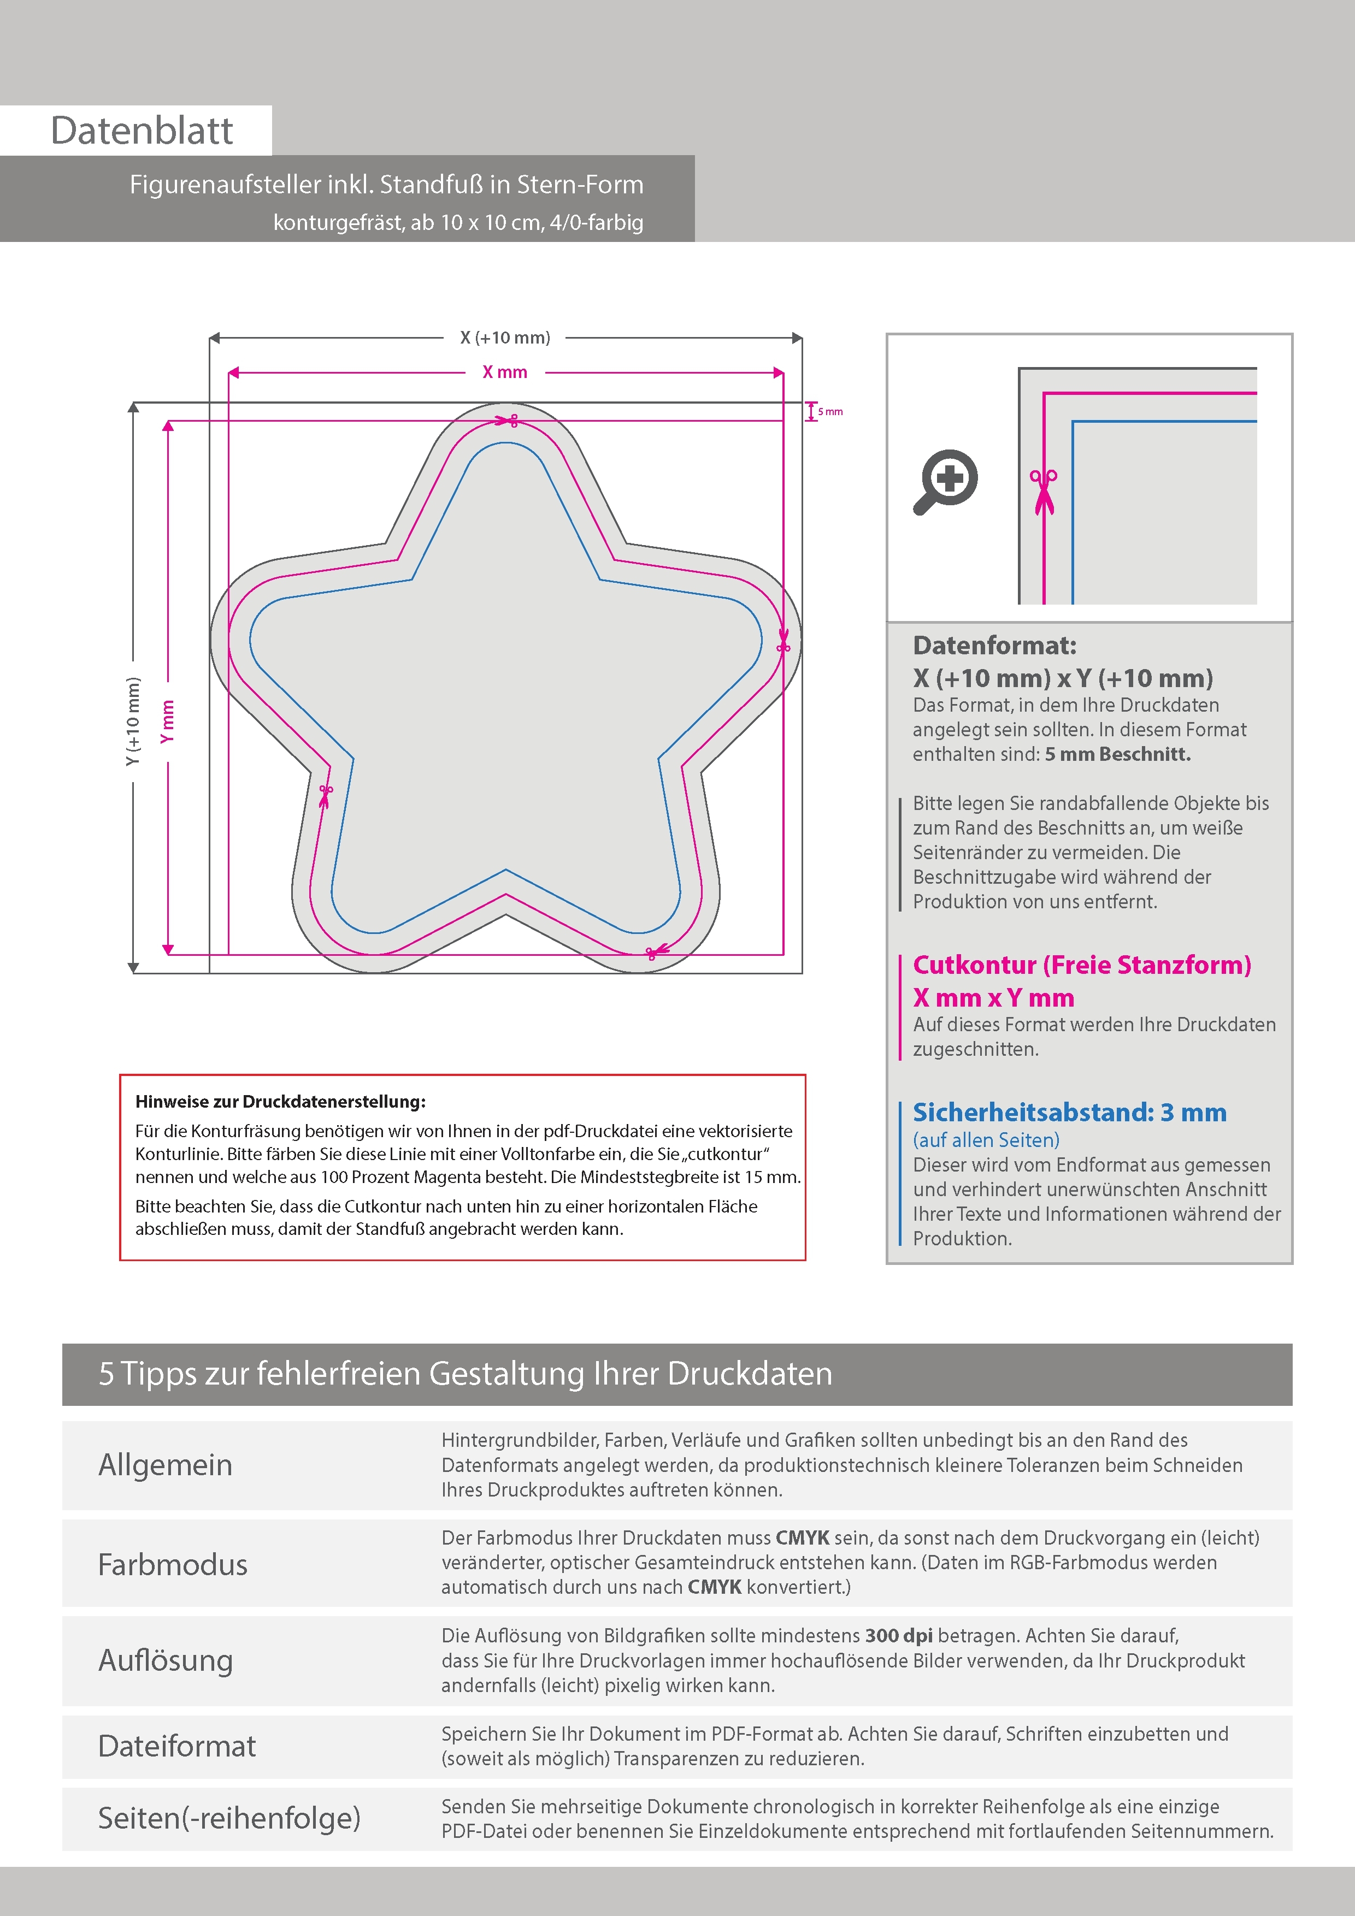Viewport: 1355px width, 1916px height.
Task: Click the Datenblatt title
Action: tap(142, 131)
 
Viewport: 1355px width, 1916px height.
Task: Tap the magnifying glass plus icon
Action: tap(946, 482)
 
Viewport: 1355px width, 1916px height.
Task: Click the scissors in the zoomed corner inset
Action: tap(1044, 492)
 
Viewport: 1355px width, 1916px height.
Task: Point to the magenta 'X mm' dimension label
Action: tap(505, 372)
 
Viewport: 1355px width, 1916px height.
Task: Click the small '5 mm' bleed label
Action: tap(830, 411)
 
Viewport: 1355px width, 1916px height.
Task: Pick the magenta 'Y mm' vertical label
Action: tap(168, 722)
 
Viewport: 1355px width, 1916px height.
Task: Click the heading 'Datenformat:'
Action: tap(994, 645)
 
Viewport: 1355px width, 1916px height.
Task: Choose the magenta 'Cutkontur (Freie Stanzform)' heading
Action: tap(1082, 965)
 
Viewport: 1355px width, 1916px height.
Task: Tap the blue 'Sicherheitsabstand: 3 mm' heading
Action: tap(1069, 1113)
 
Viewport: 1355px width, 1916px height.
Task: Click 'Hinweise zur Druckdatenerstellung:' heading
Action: tap(280, 1102)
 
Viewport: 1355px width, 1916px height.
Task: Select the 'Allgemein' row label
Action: tap(166, 1464)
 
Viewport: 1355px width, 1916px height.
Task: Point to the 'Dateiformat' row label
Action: tap(177, 1746)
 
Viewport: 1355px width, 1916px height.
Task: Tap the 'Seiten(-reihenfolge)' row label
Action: tap(229, 1818)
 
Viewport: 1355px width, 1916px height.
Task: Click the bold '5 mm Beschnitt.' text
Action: tap(1117, 754)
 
